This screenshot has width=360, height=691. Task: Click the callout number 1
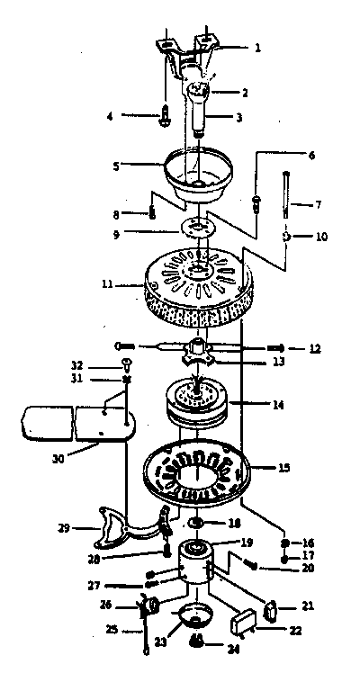coord(257,47)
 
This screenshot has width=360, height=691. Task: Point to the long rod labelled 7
coord(286,194)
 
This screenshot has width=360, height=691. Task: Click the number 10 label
coord(321,237)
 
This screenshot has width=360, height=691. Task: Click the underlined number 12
coord(315,348)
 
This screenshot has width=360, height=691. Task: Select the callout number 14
coord(279,404)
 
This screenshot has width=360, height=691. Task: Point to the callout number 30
coord(58,458)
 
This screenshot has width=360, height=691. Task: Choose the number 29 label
coord(65,527)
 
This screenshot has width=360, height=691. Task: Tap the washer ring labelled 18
coord(194,524)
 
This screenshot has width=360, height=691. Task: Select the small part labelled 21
coord(270,611)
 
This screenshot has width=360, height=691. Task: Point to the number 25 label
coord(112,629)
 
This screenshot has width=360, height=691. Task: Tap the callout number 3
coord(238,118)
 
